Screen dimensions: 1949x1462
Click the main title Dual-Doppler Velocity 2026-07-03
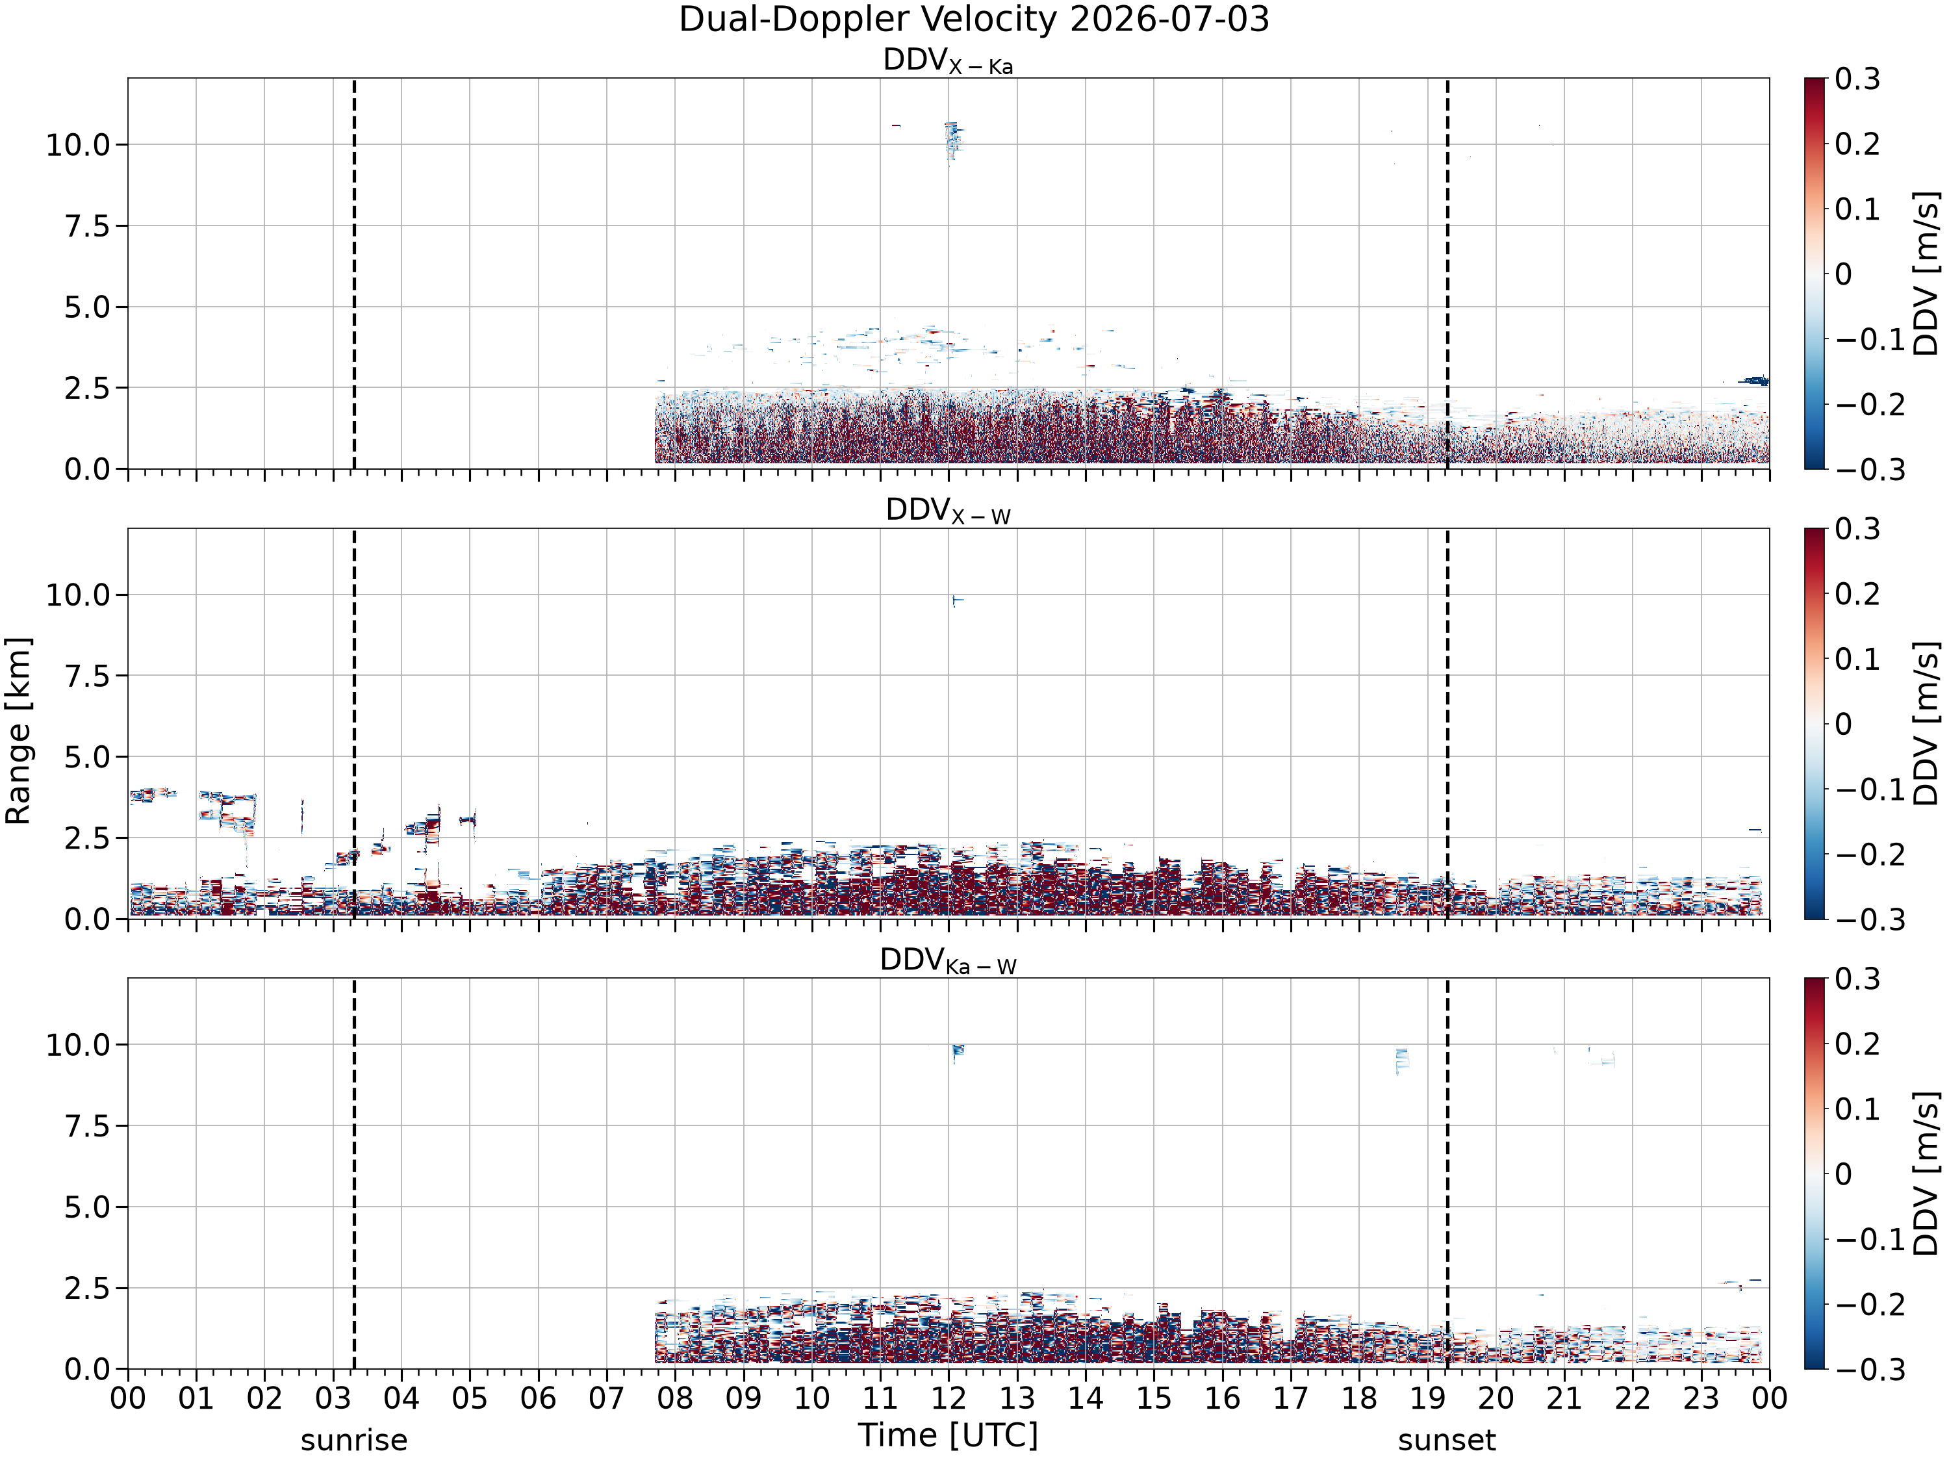[974, 19]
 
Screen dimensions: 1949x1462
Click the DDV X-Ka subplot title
[948, 61]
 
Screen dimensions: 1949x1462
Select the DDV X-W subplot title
[948, 511]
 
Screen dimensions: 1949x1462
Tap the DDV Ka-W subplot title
[948, 960]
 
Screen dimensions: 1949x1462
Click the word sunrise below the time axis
[354, 1440]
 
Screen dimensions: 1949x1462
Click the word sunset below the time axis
[1447, 1440]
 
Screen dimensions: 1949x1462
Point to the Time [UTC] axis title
[948, 1435]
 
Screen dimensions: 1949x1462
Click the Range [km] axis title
[18, 730]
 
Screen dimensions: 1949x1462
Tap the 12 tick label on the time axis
[948, 1398]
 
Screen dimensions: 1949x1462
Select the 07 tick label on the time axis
[606, 1398]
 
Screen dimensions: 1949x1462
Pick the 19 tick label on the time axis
[1427, 1398]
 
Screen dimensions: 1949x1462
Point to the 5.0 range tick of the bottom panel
[86, 1207]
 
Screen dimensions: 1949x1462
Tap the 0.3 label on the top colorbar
[1857, 79]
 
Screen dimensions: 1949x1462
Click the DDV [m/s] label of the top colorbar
[1927, 273]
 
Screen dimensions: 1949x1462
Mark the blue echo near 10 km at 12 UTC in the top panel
[952, 141]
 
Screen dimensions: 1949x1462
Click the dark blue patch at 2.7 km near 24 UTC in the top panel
[1754, 381]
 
